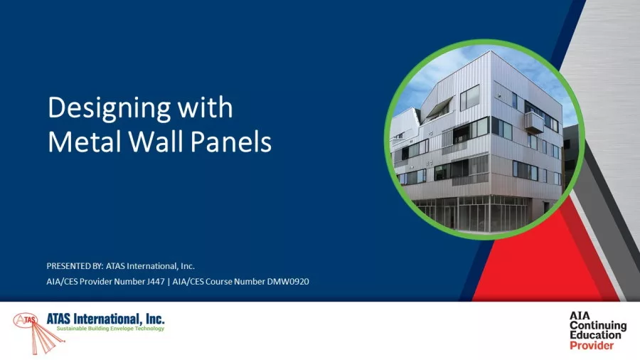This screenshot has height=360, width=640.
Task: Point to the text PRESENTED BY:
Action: coord(74,266)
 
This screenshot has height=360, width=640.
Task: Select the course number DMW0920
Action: coord(287,282)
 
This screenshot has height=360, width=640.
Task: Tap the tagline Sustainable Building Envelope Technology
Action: coord(110,329)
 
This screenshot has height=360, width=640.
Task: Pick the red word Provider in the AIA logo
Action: coord(592,345)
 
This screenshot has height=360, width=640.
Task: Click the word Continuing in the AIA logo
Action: coord(598,325)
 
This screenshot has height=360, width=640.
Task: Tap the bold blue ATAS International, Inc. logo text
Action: coord(105,318)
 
